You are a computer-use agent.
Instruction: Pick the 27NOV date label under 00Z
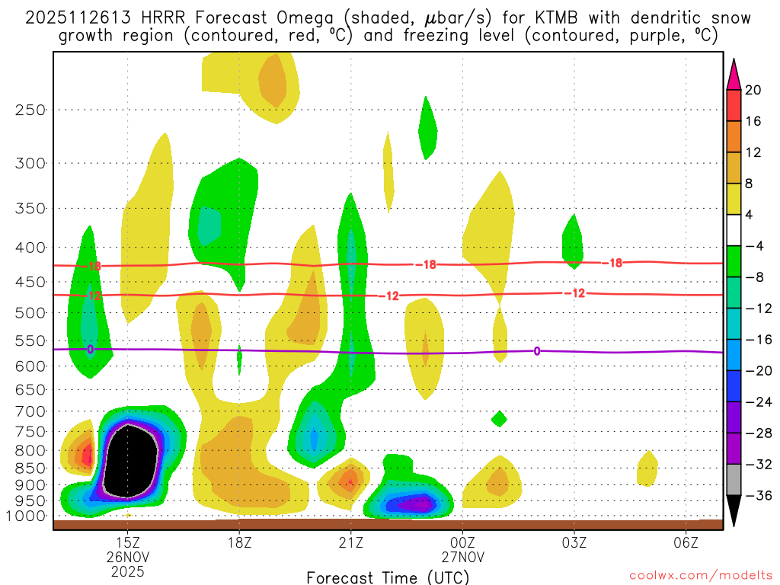click(462, 557)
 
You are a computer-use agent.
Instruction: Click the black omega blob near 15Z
click(131, 461)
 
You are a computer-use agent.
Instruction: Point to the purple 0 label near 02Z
click(537, 351)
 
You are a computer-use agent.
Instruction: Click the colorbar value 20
click(753, 90)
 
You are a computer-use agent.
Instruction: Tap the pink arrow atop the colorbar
click(734, 74)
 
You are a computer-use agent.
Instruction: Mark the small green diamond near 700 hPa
click(499, 418)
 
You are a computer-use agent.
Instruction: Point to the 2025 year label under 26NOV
click(126, 571)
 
